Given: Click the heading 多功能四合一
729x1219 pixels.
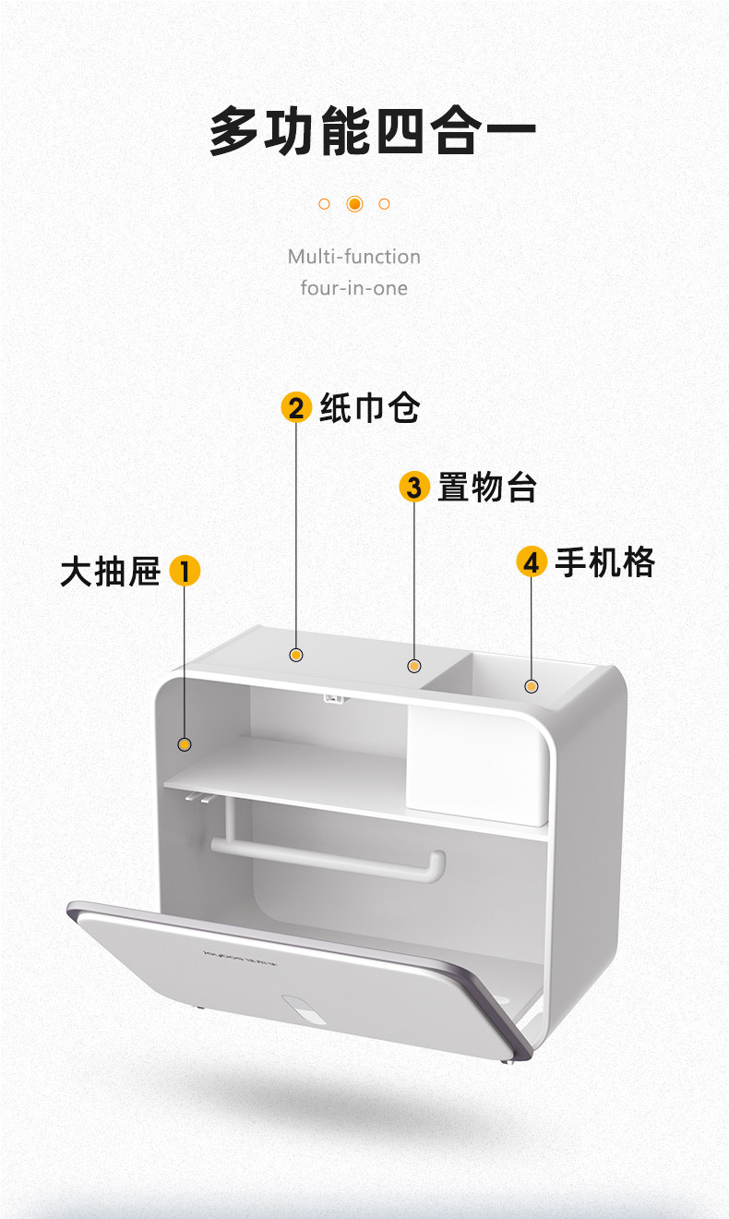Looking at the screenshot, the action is pos(372,132).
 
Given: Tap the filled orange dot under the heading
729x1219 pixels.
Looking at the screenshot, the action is pos(354,204).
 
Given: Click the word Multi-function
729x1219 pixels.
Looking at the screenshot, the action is pos(353,257).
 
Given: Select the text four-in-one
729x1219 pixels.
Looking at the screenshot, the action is pos(353,288).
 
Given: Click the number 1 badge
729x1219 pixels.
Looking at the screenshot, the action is pos(185,572).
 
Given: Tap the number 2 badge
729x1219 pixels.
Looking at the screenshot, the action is pos(295,408).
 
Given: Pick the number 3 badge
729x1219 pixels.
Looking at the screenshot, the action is pos(413,487).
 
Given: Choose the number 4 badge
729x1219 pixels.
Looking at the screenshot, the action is pos(531,561).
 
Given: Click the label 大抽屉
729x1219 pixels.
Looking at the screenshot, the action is pos(110,572).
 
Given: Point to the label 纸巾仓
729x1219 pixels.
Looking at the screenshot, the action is pos(369,408).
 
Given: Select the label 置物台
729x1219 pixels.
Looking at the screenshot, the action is pos(486,487).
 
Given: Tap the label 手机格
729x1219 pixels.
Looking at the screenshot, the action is pos(604,561).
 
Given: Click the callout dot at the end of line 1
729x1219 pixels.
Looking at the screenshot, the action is pos(185,744).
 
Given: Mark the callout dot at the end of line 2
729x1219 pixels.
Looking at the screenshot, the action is pos(296,655).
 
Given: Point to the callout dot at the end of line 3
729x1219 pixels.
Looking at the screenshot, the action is pos(414,666).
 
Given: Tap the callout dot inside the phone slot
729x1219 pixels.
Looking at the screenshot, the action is pos(532,686).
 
